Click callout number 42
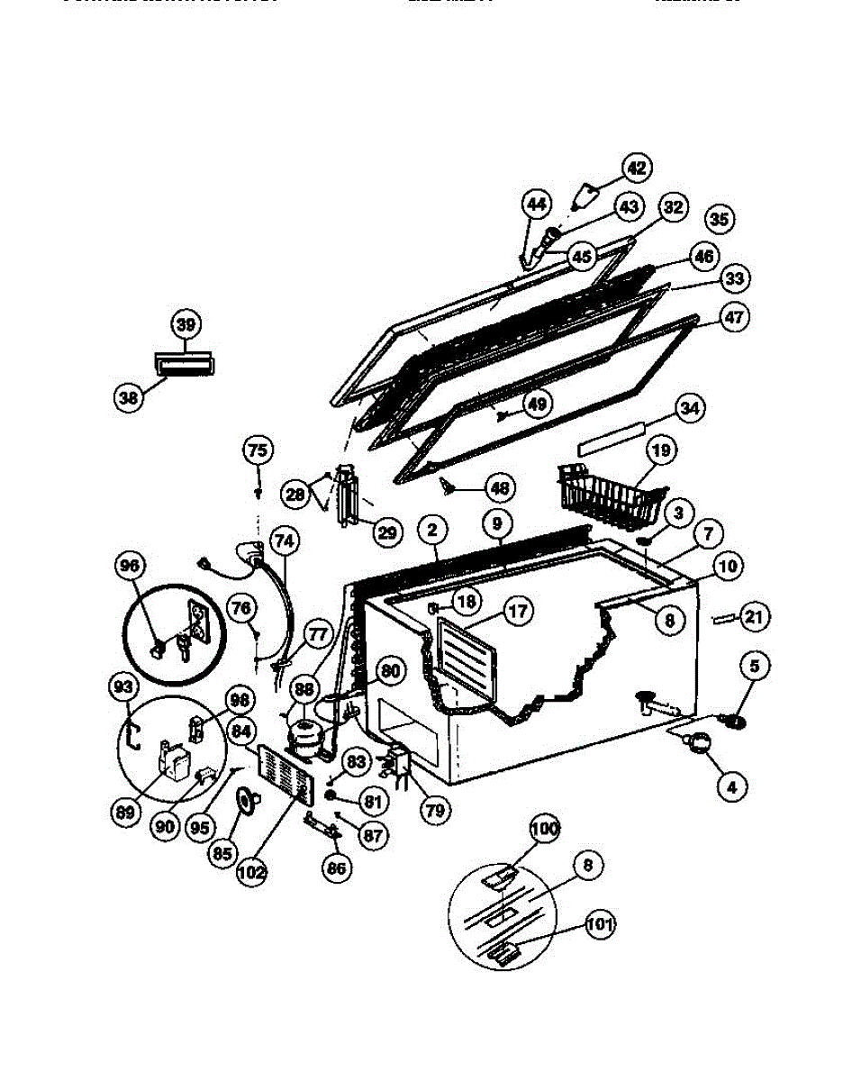(638, 168)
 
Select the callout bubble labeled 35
(719, 219)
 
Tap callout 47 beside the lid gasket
(735, 318)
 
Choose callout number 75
(258, 450)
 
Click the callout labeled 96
(130, 566)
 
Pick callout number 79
(435, 810)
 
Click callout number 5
(755, 667)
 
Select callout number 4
(731, 786)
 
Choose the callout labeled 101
(599, 923)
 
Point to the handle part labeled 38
(187, 364)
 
